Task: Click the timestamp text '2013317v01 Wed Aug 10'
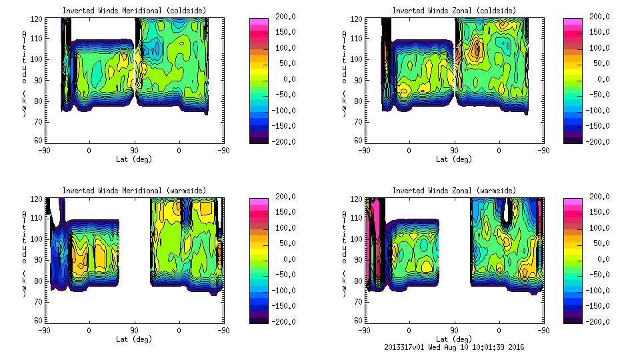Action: pos(428,347)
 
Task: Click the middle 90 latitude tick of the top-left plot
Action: pos(134,150)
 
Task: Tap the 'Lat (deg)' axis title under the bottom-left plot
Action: pos(133,339)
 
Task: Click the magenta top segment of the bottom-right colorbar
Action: pos(573,200)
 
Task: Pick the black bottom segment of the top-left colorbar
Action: pos(259,138)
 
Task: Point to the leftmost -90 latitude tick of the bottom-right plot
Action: pos(364,330)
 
